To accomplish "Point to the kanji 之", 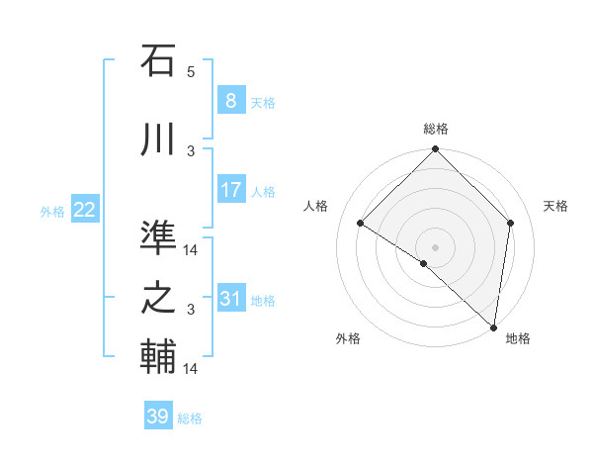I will pyautogui.click(x=158, y=299).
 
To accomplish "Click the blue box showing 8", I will pyautogui.click(x=230, y=101).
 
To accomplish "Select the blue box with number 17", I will pyautogui.click(x=230, y=190).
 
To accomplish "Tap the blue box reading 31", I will pyautogui.click(x=230, y=299).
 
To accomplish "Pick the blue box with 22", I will pyautogui.click(x=85, y=210).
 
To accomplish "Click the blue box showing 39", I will pyautogui.click(x=158, y=418).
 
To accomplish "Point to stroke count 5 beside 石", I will pyautogui.click(x=191, y=71).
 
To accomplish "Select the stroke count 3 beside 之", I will pyautogui.click(x=191, y=310).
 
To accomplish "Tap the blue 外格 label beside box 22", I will pyautogui.click(x=52, y=211).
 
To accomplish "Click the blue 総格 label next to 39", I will pyautogui.click(x=190, y=418).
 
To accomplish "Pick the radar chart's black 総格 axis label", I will pyautogui.click(x=435, y=129).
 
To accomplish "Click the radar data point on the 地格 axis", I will pyautogui.click(x=493, y=326).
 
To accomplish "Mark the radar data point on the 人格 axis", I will pyautogui.click(x=361, y=224).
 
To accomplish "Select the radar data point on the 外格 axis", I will pyautogui.click(x=424, y=263).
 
